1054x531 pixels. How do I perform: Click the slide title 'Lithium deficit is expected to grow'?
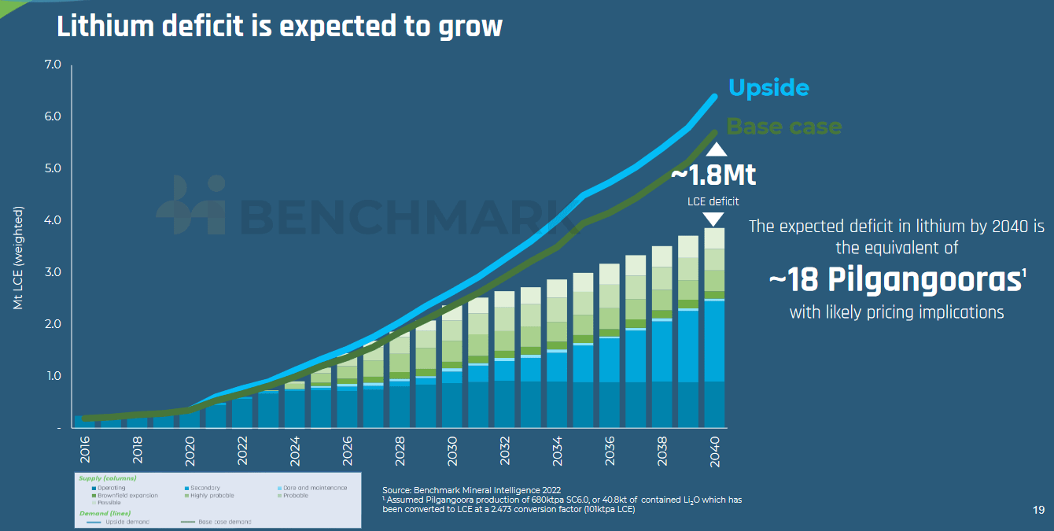click(279, 26)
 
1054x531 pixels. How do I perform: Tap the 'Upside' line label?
click(768, 87)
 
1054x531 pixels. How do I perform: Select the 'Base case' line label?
click(783, 127)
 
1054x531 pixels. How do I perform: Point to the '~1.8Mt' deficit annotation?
click(713, 175)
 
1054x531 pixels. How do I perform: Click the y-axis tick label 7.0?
click(53, 65)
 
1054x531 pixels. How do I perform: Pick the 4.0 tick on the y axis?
click(53, 220)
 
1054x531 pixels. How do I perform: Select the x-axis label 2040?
click(714, 450)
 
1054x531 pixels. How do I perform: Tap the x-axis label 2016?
click(84, 450)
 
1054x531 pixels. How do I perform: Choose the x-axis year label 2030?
click(452, 450)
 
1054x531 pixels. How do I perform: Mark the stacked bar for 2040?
click(714, 330)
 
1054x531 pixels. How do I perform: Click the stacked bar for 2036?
click(610, 346)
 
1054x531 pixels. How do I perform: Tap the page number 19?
click(1038, 511)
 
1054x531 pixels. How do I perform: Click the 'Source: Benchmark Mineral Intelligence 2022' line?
click(472, 490)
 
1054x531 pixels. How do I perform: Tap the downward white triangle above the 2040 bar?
click(713, 220)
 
